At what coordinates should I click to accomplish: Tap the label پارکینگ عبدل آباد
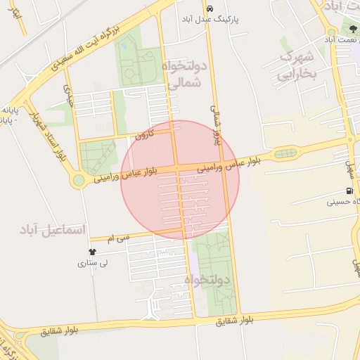pos(210,20)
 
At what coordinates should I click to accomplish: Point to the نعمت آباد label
pos(342,41)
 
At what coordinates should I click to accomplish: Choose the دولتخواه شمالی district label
pos(186,75)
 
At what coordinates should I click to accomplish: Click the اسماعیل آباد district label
pos(53,230)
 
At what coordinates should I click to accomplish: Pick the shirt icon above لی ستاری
pos(91,251)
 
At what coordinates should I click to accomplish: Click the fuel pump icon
pos(349,191)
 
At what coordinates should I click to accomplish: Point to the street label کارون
pos(143,134)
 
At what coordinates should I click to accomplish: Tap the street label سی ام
pos(120,239)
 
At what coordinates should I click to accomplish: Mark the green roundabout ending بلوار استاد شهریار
pos(78,181)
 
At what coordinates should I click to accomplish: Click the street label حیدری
pos(68,94)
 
